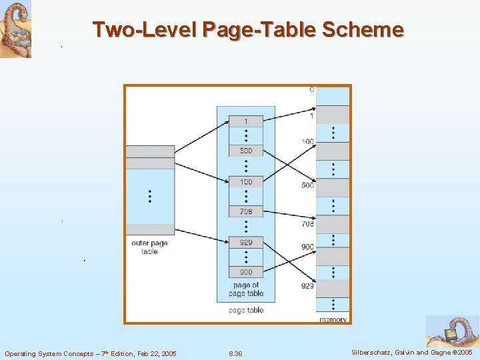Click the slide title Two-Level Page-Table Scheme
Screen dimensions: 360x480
click(248, 30)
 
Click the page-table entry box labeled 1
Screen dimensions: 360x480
click(245, 121)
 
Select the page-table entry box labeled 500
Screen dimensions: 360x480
click(245, 151)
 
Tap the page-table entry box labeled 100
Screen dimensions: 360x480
click(245, 182)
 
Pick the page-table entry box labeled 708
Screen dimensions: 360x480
click(245, 211)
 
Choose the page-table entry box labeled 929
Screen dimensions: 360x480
click(245, 243)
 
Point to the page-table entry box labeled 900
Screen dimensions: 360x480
click(245, 272)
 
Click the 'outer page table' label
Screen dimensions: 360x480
click(149, 247)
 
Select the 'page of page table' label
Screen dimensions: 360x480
click(246, 289)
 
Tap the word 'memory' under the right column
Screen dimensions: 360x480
click(333, 319)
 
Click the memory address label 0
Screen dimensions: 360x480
click(311, 90)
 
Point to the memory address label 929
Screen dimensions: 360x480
click(307, 285)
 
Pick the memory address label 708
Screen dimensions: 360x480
click(307, 224)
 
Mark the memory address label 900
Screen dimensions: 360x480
click(307, 247)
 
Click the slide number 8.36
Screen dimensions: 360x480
click(235, 353)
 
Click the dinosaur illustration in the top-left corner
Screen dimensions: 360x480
click(15, 29)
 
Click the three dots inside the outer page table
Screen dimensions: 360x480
click(150, 196)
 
